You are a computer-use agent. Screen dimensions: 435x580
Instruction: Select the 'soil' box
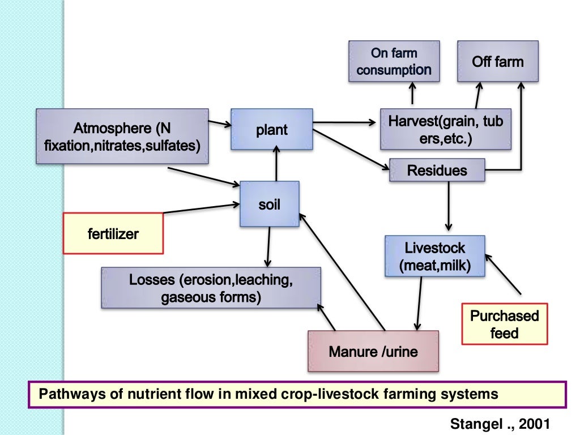(270, 204)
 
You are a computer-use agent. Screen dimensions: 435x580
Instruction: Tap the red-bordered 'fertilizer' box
(113, 233)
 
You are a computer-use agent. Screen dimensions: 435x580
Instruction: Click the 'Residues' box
(437, 170)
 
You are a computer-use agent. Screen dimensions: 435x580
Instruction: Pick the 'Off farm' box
(498, 61)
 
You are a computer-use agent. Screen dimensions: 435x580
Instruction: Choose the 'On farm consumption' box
(394, 61)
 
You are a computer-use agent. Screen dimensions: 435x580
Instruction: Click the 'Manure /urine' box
(373, 351)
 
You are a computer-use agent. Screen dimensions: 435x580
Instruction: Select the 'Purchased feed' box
(505, 324)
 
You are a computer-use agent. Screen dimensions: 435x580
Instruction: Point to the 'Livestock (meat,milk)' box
(435, 256)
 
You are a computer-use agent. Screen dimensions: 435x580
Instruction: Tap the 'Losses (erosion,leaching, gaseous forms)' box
(211, 288)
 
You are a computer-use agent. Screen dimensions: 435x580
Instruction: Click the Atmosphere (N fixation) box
(121, 136)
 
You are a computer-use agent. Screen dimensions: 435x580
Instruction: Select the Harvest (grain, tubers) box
(445, 130)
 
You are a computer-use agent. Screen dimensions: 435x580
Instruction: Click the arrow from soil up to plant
(276, 163)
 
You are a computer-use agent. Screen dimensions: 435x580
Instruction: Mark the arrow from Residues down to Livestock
(449, 204)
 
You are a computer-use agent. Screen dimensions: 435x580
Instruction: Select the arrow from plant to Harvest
(346, 121)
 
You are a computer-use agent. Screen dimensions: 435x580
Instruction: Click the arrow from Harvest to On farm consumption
(412, 95)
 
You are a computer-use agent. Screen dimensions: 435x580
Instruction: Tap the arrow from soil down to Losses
(266, 246)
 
